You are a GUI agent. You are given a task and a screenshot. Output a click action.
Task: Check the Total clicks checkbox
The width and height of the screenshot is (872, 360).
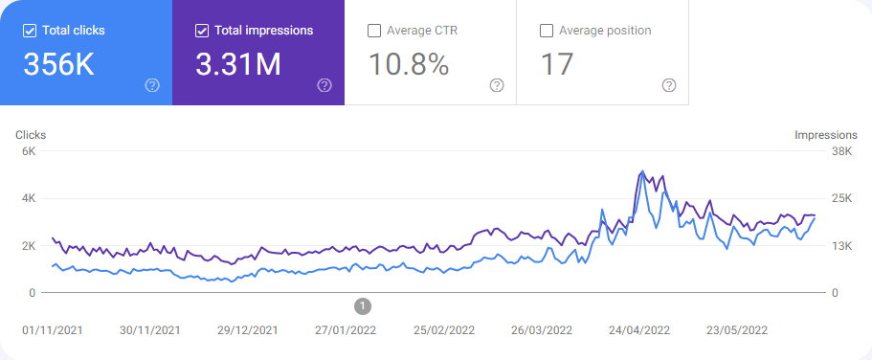click(x=30, y=31)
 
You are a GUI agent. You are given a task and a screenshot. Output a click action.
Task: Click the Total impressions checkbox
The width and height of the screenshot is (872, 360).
click(x=202, y=31)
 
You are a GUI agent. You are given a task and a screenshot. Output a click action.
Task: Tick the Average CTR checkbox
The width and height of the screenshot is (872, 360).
click(x=374, y=31)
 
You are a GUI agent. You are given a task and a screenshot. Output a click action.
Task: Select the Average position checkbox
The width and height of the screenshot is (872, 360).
click(x=547, y=31)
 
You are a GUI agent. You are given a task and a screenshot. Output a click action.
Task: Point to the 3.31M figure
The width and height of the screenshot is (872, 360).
click(x=238, y=64)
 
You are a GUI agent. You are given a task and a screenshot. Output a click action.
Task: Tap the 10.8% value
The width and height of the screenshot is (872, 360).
click(x=409, y=64)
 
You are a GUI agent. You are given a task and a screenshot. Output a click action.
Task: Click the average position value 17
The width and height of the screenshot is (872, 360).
click(x=556, y=64)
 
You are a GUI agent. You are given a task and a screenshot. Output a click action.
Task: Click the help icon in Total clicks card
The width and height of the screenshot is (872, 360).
click(x=152, y=85)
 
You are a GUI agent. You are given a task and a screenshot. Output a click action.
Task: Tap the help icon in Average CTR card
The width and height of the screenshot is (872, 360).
click(x=497, y=85)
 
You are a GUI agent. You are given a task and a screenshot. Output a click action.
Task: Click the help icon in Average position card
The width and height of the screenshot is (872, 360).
click(x=669, y=85)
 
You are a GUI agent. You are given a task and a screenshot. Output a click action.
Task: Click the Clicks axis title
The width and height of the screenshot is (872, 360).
click(x=31, y=135)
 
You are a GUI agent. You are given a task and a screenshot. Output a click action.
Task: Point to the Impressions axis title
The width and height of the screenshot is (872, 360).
click(x=826, y=135)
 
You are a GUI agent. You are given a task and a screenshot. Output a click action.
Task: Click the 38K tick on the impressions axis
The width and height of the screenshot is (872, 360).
click(x=841, y=151)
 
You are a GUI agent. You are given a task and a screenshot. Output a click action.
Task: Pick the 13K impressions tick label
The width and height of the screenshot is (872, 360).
click(x=841, y=246)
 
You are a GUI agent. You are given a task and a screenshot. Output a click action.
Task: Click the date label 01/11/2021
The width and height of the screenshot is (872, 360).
click(x=54, y=330)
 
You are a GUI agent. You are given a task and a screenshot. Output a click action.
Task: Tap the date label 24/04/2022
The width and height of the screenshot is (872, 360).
click(x=640, y=330)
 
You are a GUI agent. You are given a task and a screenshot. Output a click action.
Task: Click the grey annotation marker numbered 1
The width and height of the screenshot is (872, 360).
click(x=363, y=305)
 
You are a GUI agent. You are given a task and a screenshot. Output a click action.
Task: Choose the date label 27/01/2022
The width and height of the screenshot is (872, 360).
click(x=345, y=330)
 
